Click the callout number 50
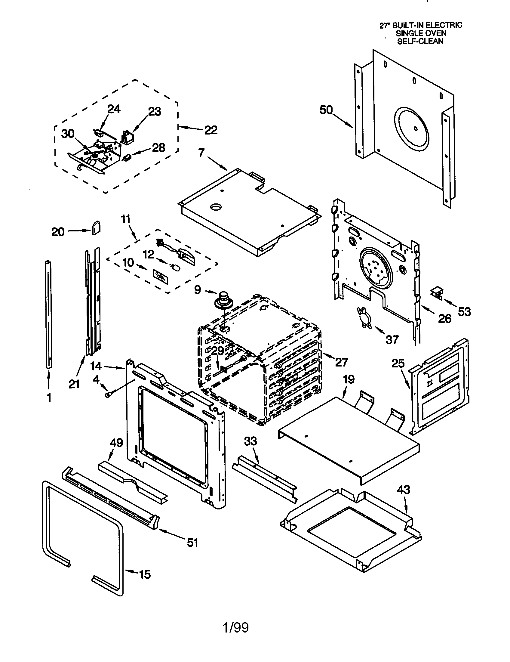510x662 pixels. (326, 110)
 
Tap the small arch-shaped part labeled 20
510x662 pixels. (96, 227)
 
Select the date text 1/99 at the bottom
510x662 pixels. (236, 627)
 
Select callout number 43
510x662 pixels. (403, 490)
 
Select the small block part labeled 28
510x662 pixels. (127, 157)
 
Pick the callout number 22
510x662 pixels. (211, 130)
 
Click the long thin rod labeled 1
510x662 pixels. (48, 315)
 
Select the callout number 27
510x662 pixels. (341, 362)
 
